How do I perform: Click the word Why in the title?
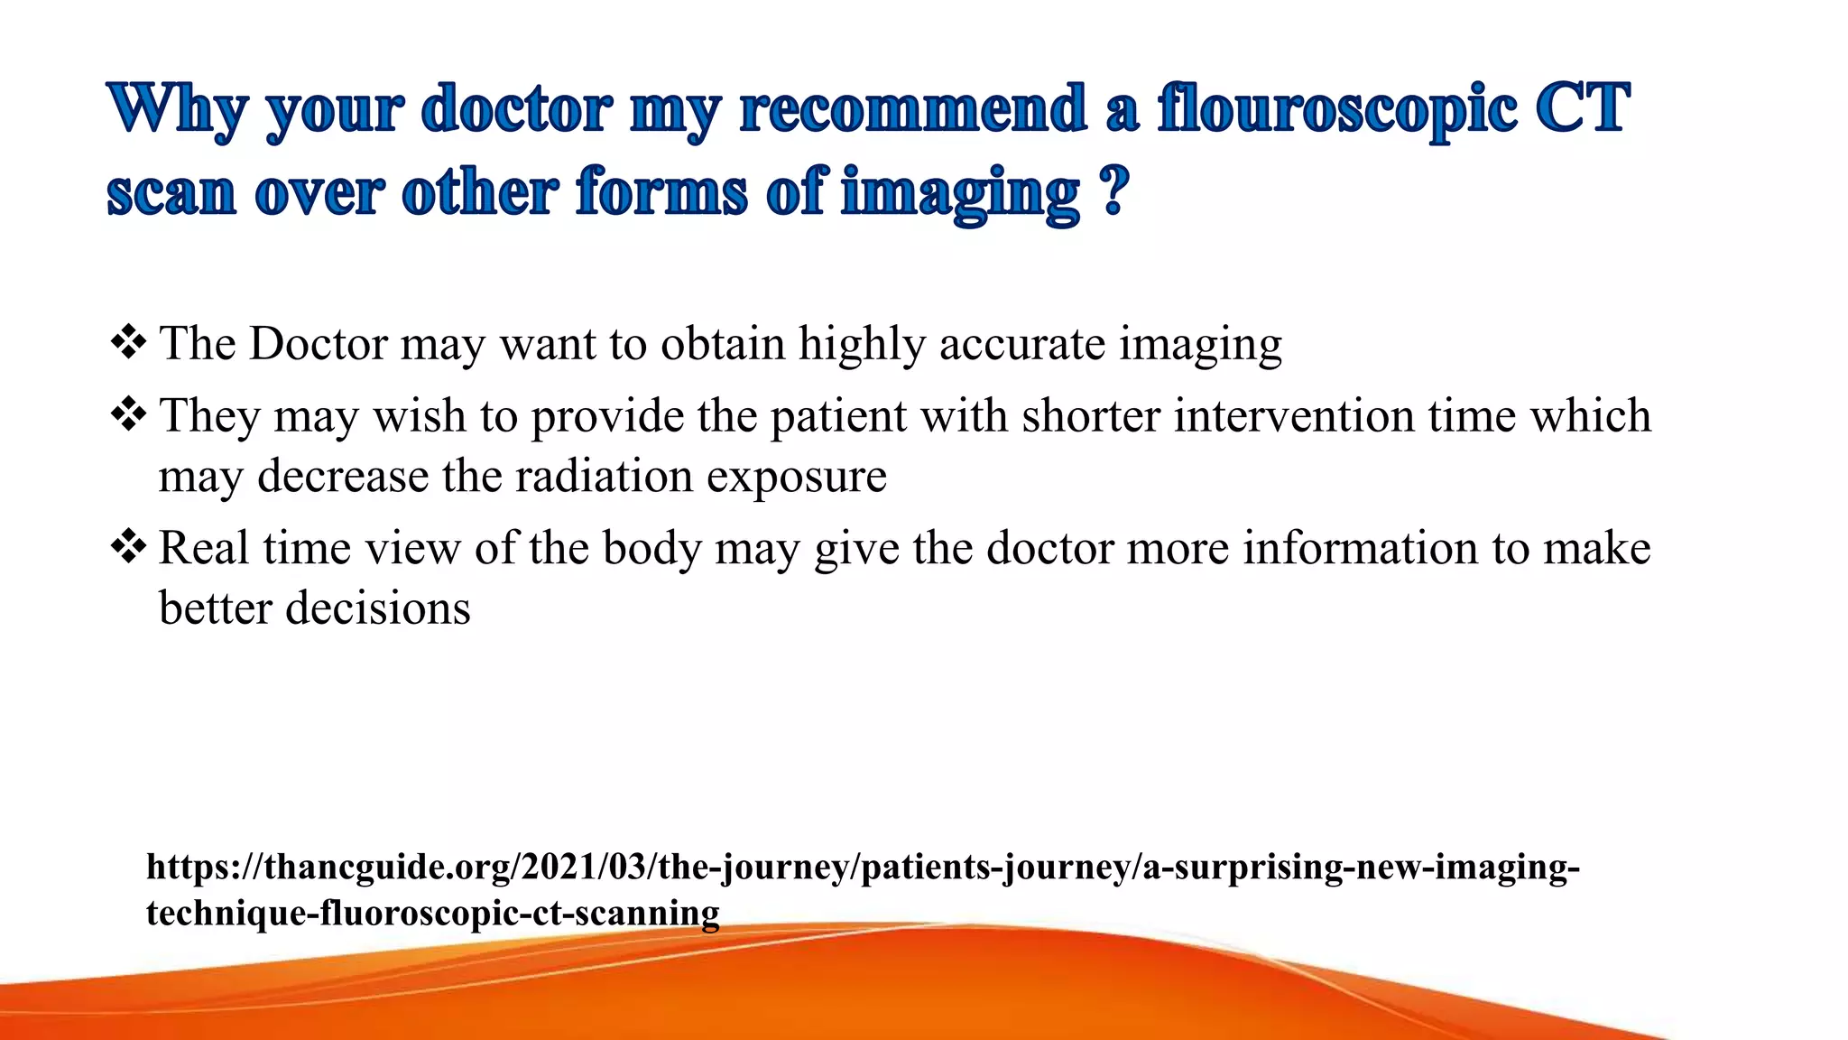click(177, 110)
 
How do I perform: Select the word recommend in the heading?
click(912, 110)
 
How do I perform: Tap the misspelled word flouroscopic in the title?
click(1336, 110)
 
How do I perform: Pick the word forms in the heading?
click(662, 192)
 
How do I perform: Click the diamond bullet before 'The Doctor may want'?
click(128, 343)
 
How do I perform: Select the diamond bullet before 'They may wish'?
click(128, 415)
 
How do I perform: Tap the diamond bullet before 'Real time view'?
click(128, 547)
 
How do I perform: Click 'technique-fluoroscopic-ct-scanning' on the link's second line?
click(432, 913)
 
